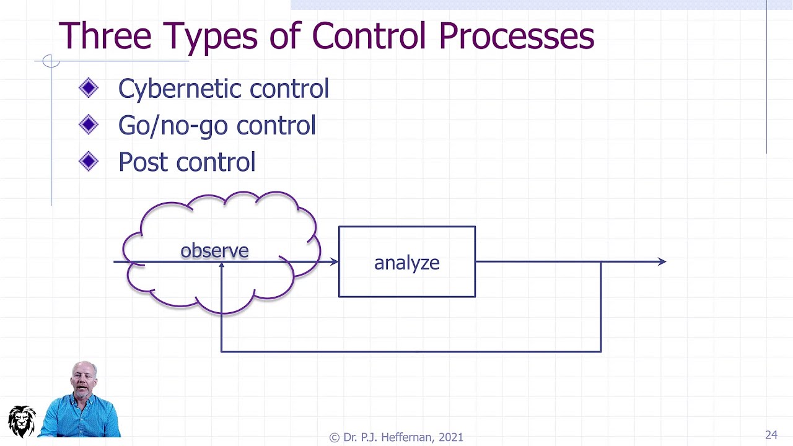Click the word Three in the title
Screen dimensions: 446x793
(x=105, y=36)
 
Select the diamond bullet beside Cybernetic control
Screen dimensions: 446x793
(x=89, y=89)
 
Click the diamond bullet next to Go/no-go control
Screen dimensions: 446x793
(x=89, y=125)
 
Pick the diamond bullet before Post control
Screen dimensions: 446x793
(x=89, y=162)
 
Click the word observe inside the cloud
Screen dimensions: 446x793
(x=214, y=250)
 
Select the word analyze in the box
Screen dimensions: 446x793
(x=406, y=263)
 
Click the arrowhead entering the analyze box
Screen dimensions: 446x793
(x=334, y=262)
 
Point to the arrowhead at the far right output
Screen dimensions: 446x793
(x=662, y=262)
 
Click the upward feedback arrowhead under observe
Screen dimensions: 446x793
(x=221, y=267)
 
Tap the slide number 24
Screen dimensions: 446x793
(x=771, y=435)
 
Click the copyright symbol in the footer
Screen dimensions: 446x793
(x=335, y=437)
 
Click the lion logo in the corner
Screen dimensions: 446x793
(x=22, y=421)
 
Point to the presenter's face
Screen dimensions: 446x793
(x=84, y=379)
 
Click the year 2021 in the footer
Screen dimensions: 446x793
(x=450, y=437)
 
